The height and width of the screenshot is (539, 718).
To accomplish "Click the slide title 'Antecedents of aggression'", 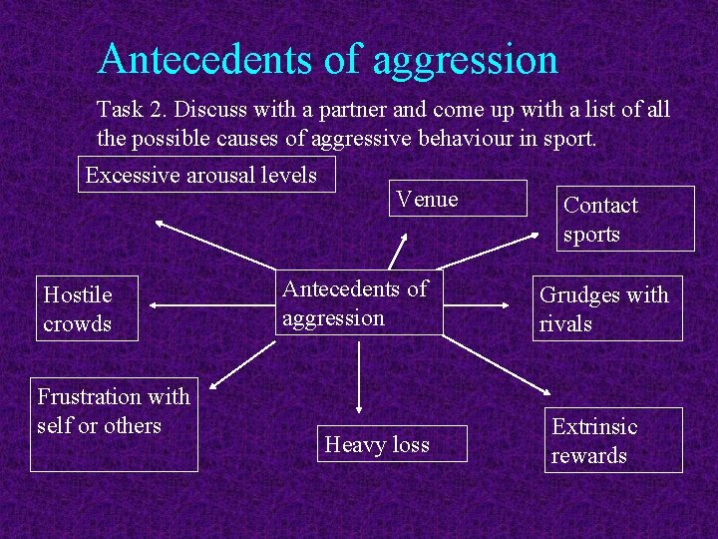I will [327, 59].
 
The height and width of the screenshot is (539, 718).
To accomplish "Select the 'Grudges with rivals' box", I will [607, 308].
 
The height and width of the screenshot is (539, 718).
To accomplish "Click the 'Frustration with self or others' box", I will [114, 423].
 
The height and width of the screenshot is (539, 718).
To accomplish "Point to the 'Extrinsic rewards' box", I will [613, 439].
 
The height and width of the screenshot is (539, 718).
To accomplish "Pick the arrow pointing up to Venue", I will [400, 250].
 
